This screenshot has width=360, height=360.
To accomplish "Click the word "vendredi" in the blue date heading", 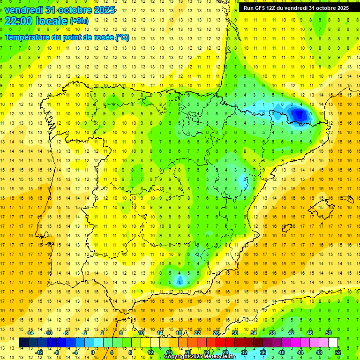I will coord(24,9).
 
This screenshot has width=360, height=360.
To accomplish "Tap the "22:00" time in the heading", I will coord(19,21).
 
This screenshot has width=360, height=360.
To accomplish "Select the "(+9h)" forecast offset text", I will coord(78,21).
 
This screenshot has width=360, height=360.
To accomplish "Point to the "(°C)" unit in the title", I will coord(122,37).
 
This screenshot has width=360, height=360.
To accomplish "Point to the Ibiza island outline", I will coord(287,228).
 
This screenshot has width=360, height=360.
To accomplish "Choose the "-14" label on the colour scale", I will coord(30,333).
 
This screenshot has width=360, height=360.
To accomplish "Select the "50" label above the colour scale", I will coord(329,333).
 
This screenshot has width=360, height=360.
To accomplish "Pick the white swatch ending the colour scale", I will coord(333,343).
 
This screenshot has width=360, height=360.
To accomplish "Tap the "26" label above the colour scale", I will coord(216,333).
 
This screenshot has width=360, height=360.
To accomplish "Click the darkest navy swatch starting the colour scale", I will coord(23,343).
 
